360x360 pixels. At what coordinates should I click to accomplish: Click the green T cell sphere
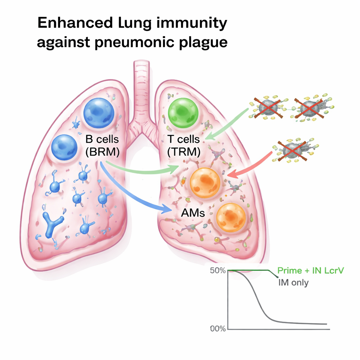click(x=183, y=112)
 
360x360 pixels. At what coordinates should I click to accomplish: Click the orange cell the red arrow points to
click(x=205, y=183)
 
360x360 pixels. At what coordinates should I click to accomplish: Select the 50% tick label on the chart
click(x=218, y=271)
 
